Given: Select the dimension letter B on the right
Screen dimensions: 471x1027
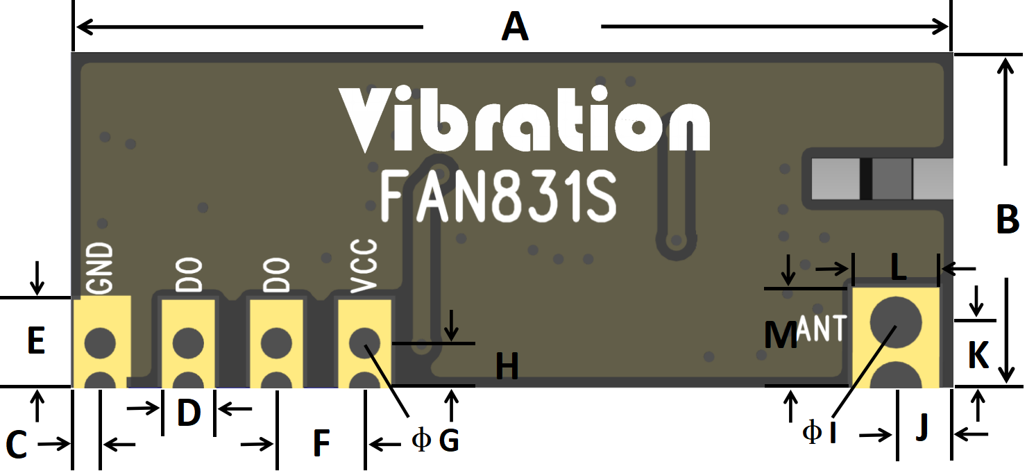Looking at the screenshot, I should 1007,220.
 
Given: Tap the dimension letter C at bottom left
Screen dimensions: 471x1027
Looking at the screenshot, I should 16,445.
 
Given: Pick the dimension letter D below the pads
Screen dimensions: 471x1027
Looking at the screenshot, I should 189,413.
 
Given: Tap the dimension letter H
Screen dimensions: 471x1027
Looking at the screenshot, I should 507,367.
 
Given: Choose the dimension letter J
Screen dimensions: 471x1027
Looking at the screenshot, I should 922,428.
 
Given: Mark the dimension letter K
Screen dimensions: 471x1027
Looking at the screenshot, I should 978,356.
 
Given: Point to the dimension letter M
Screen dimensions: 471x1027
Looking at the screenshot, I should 780,336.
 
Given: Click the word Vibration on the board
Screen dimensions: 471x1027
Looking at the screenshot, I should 525,119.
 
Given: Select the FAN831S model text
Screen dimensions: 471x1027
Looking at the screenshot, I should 498,197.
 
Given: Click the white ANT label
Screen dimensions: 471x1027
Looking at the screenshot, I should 823,328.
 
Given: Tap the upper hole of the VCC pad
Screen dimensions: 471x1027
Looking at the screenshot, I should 364,342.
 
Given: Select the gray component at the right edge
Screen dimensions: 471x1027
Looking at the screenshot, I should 877,179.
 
